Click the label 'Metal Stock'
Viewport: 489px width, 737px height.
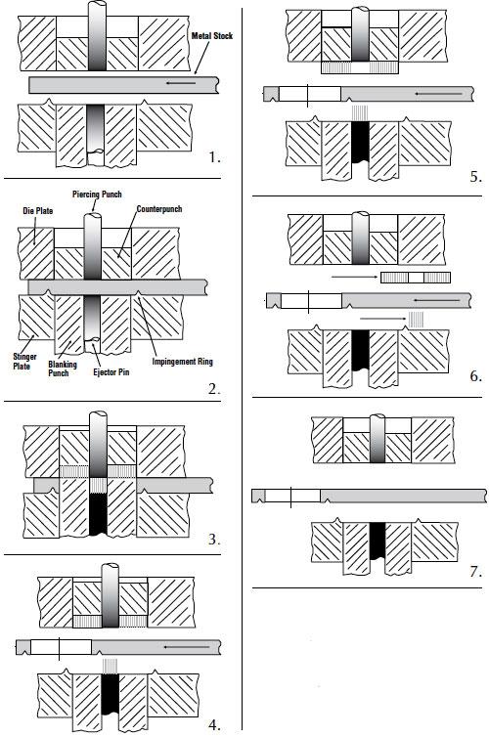pyautogui.click(x=211, y=36)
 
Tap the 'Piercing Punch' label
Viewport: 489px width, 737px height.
pyautogui.click(x=97, y=195)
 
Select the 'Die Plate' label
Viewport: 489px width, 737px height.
pyautogui.click(x=37, y=211)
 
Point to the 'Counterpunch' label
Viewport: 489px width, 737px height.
pyautogui.click(x=158, y=209)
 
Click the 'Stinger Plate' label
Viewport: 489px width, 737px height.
pyautogui.click(x=24, y=362)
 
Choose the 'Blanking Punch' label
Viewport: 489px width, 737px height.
pyautogui.click(x=62, y=368)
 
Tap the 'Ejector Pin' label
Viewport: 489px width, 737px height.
pyautogui.click(x=111, y=372)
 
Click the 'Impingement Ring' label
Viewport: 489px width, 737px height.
pyautogui.click(x=183, y=362)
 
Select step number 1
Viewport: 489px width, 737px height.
pyautogui.click(x=214, y=157)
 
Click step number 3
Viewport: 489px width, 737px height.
pyautogui.click(x=214, y=540)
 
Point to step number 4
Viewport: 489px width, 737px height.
pyautogui.click(x=214, y=724)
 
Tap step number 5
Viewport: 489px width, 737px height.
pyautogui.click(x=476, y=177)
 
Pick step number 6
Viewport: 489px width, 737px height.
pyautogui.click(x=476, y=376)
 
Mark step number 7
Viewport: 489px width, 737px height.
pyautogui.click(x=476, y=572)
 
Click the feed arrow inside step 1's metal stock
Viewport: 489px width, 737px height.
pyautogui.click(x=181, y=83)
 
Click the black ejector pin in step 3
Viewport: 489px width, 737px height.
pyautogui.click(x=98, y=514)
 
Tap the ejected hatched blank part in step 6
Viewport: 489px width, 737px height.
pyautogui.click(x=416, y=278)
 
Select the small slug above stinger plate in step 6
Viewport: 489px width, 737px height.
pyautogui.click(x=416, y=320)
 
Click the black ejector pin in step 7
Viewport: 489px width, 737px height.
pyautogui.click(x=378, y=541)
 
